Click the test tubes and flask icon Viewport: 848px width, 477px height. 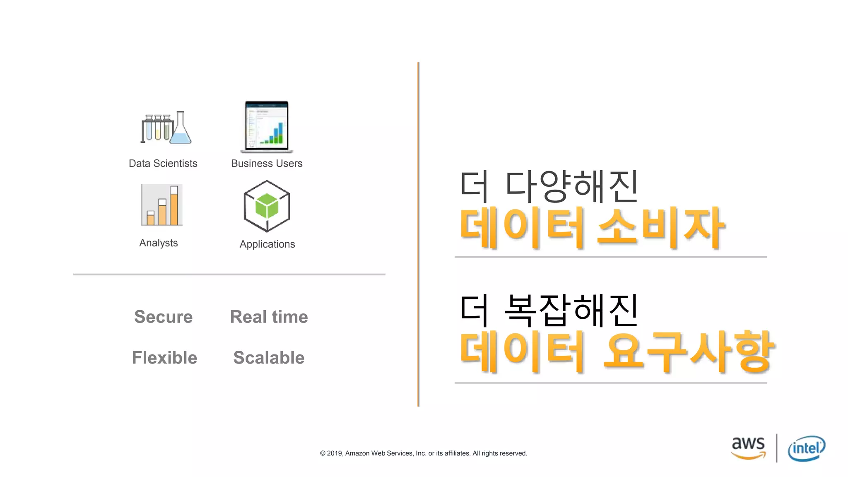coord(166,128)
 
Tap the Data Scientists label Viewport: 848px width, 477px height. coord(163,164)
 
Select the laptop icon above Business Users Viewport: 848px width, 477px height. coord(267,127)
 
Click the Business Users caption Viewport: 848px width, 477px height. coord(267,164)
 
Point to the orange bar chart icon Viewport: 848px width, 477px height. coord(162,205)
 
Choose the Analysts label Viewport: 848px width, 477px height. coord(159,243)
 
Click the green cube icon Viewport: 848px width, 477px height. coord(267,206)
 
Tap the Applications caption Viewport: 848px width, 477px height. coord(267,244)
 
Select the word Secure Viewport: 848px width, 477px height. coord(164,317)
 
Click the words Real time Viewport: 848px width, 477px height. coord(269,317)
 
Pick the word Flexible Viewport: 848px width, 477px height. coord(164,358)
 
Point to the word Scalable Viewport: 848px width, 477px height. coord(269,358)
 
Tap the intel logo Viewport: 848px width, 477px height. coord(806,448)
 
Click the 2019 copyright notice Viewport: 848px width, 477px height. coord(423,453)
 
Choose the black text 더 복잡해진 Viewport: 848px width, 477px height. coord(549,310)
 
